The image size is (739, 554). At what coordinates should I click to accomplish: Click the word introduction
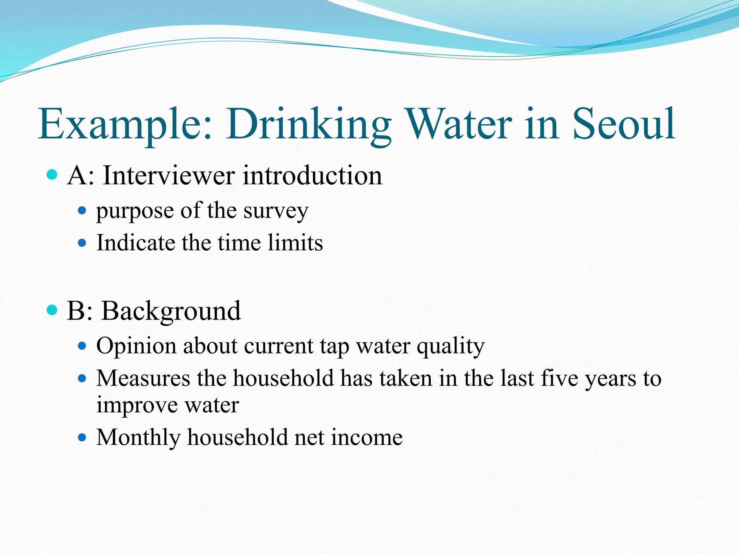(312, 176)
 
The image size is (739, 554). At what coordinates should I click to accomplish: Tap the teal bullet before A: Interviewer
(52, 175)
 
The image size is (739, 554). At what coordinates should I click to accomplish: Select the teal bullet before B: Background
(52, 310)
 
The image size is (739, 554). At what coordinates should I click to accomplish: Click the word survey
(276, 211)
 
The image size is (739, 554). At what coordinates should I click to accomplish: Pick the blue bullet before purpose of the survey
(82, 210)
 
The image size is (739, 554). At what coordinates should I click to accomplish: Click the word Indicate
(136, 242)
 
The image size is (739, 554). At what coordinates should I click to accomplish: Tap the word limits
(295, 242)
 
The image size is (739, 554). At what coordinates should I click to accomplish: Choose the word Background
(171, 311)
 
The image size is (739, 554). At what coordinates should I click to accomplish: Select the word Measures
(143, 378)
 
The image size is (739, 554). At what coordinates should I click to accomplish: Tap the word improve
(137, 405)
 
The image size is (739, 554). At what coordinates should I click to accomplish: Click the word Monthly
(138, 438)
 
